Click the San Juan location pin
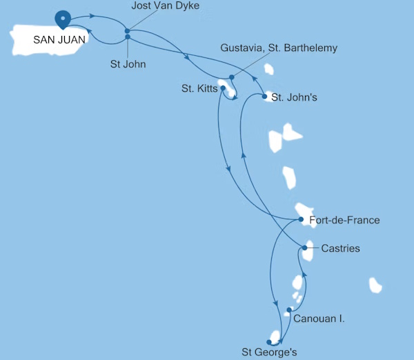pyautogui.click(x=63, y=19)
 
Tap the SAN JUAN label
pyautogui.click(x=59, y=39)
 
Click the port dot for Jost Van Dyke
pyautogui.click(x=128, y=31)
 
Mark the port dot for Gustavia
pyautogui.click(x=232, y=77)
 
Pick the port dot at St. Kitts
pyautogui.click(x=223, y=88)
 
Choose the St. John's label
pyautogui.click(x=294, y=97)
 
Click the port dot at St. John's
pyautogui.click(x=265, y=97)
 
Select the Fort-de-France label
pyautogui.click(x=345, y=221)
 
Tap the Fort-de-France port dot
pyautogui.click(x=302, y=220)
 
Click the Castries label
pyautogui.click(x=340, y=248)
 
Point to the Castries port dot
pyautogui.click(x=305, y=248)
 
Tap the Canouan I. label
pyautogui.click(x=319, y=319)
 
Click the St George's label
pyautogui.click(x=269, y=353)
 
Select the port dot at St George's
pyautogui.click(x=268, y=341)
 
